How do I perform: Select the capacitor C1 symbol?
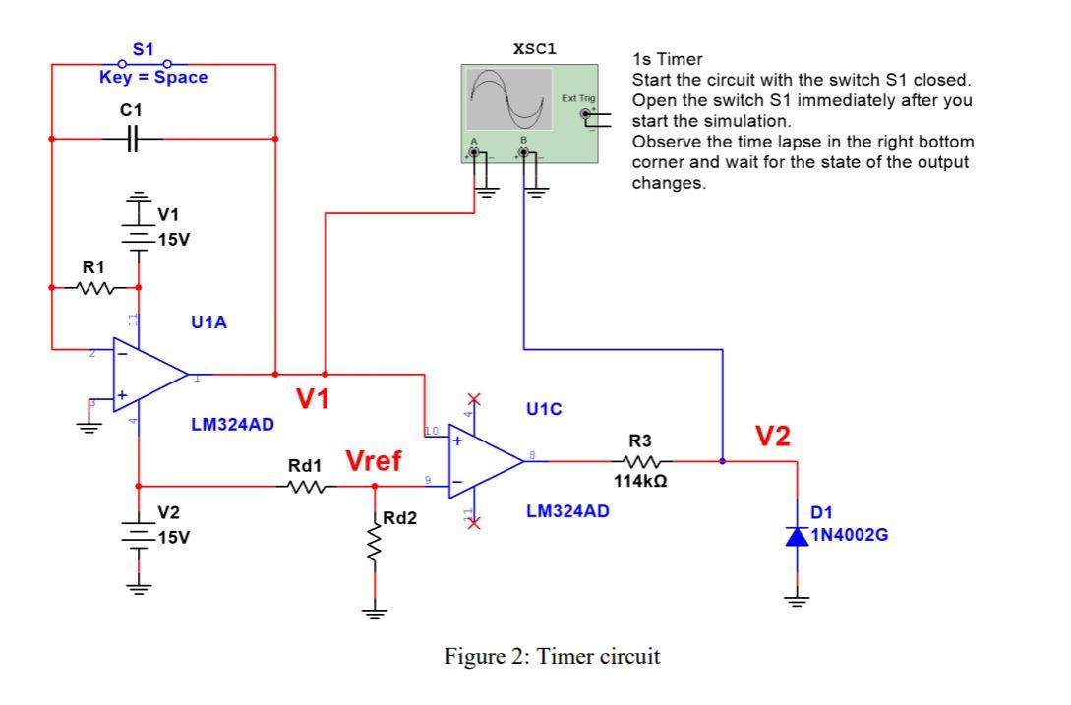tap(137, 139)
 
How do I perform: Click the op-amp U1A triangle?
tap(148, 375)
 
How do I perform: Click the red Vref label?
tap(373, 461)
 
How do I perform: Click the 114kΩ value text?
tap(641, 481)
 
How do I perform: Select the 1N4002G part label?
tap(851, 536)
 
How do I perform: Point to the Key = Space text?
tap(153, 78)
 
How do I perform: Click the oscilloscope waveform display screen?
tap(508, 100)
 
